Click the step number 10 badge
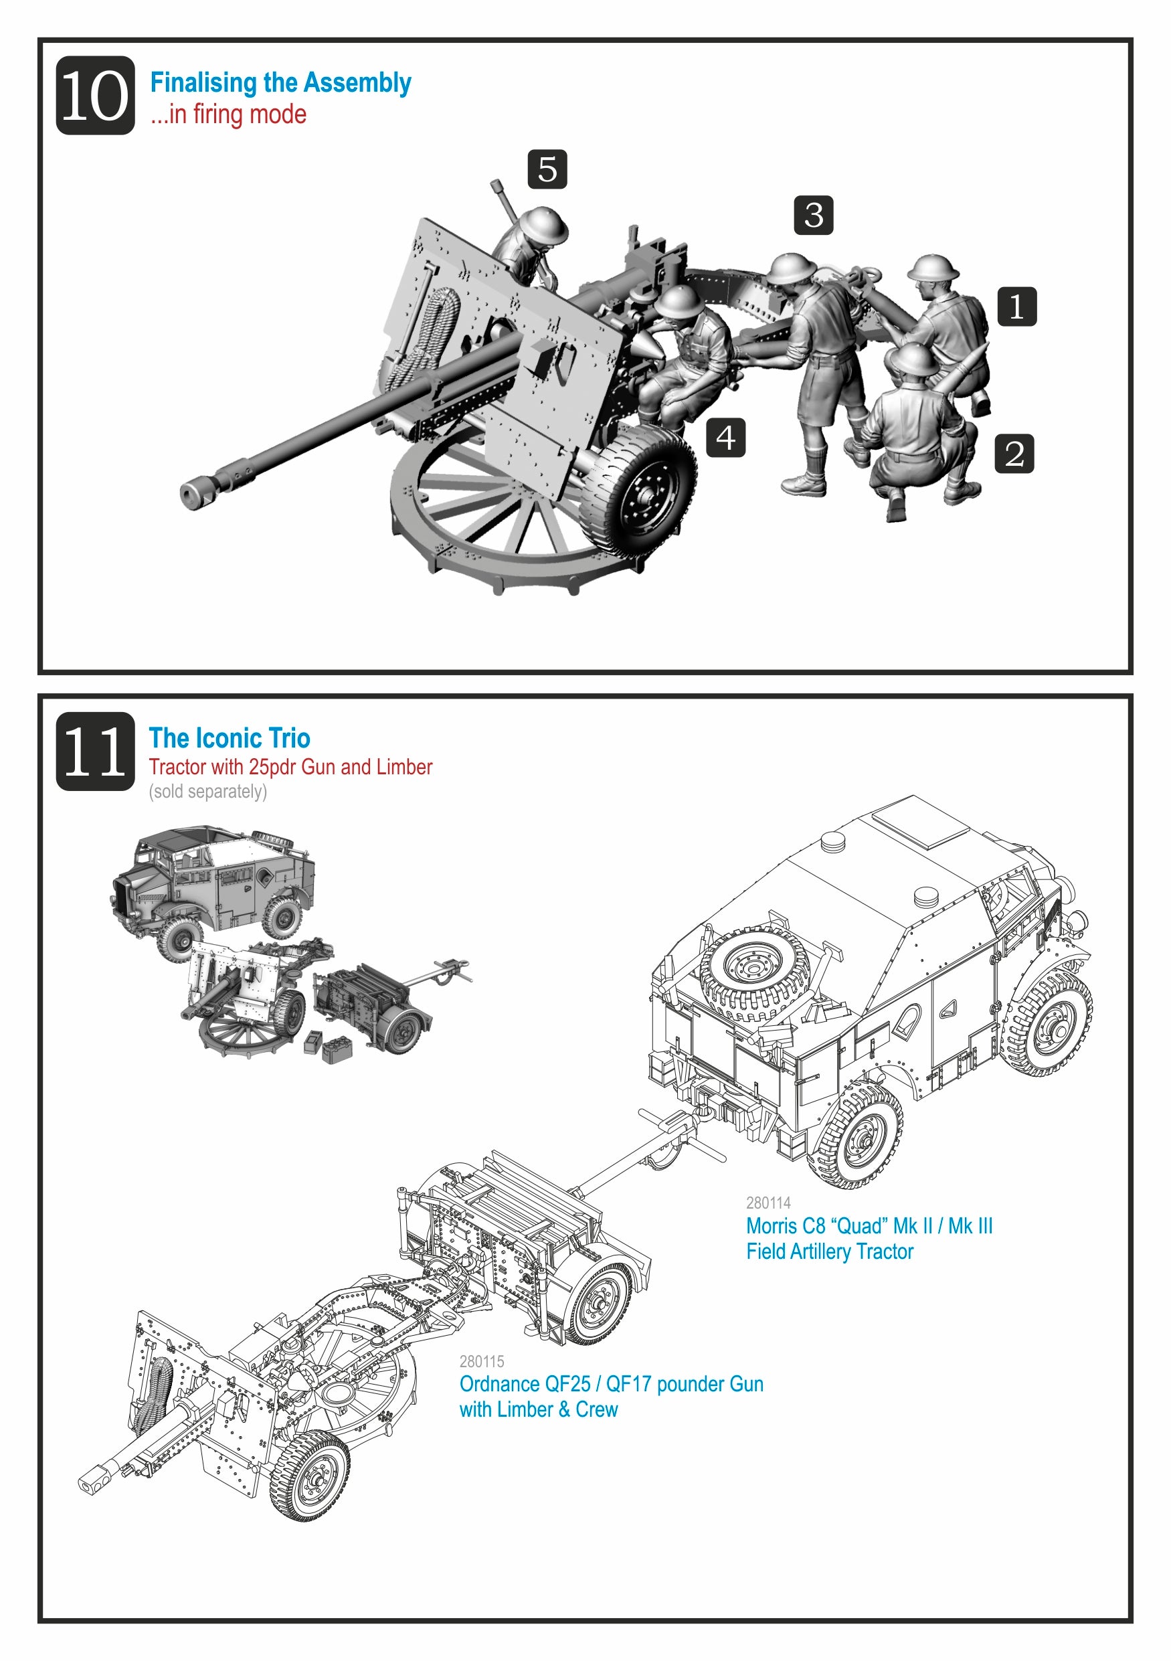click(x=95, y=96)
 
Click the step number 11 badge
click(x=95, y=751)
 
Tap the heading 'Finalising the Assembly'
click(x=280, y=82)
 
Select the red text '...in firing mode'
click(x=229, y=114)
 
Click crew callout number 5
click(x=547, y=169)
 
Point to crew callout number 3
click(x=813, y=215)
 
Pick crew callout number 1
click(x=1016, y=306)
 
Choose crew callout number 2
click(x=1013, y=454)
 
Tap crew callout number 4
click(x=725, y=438)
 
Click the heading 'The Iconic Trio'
click(x=230, y=738)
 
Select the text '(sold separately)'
click(x=207, y=792)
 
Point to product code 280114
click(x=768, y=1203)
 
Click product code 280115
click(x=482, y=1361)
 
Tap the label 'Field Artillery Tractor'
click(x=830, y=1251)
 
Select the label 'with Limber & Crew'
click(x=538, y=1409)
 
